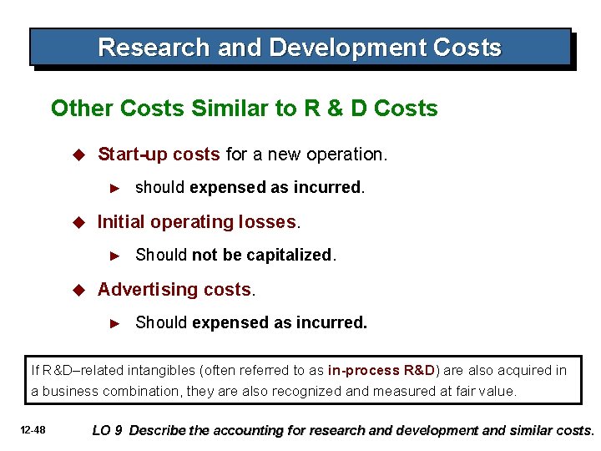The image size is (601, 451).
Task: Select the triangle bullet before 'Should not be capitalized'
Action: (117, 256)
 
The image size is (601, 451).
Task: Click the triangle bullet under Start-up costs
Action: (117, 188)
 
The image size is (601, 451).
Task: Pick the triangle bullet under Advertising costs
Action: (117, 323)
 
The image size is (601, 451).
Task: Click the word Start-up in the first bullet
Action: (128, 155)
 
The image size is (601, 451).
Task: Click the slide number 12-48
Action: (34, 430)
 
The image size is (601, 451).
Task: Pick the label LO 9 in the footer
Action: (108, 430)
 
